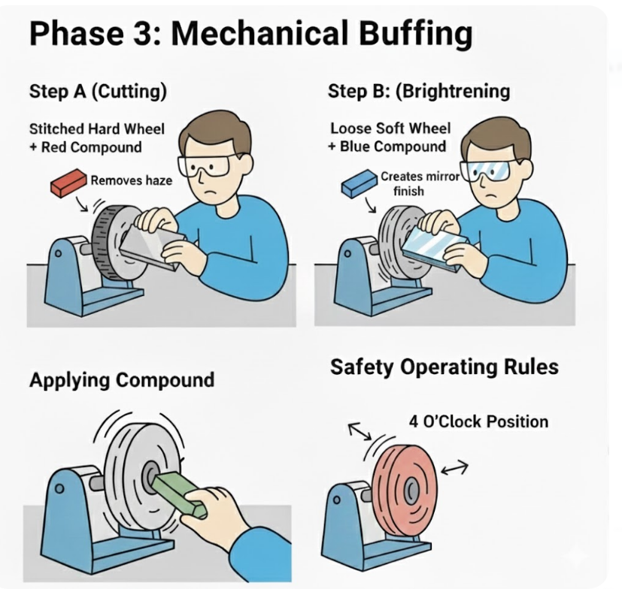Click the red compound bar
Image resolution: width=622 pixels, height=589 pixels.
pos(68,183)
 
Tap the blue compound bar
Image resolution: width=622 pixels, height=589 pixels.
pos(359,183)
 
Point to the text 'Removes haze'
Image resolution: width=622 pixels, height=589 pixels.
pos(132,181)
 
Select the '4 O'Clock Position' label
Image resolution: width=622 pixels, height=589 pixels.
pos(478,421)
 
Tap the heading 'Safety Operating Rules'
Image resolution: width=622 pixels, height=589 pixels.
pos(444,367)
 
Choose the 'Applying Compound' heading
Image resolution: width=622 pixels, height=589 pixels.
pos(122,380)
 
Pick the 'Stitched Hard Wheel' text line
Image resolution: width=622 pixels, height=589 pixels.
pos(97,128)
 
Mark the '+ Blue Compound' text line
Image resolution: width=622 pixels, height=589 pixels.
pos(387,146)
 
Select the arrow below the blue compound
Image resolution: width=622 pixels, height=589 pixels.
pos(371,205)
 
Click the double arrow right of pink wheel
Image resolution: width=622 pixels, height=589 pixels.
pos(454,468)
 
